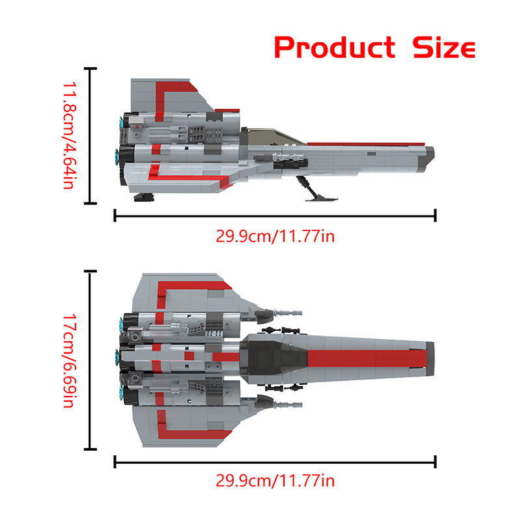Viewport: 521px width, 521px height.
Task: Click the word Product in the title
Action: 334,48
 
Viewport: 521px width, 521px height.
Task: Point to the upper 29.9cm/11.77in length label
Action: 275,236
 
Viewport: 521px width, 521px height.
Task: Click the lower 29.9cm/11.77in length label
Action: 275,481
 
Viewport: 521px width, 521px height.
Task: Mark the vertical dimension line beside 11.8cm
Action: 92,135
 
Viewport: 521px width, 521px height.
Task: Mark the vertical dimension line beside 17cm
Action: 92,360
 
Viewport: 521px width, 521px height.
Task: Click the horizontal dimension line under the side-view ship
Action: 275,216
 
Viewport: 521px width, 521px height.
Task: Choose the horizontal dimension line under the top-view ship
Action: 275,462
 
